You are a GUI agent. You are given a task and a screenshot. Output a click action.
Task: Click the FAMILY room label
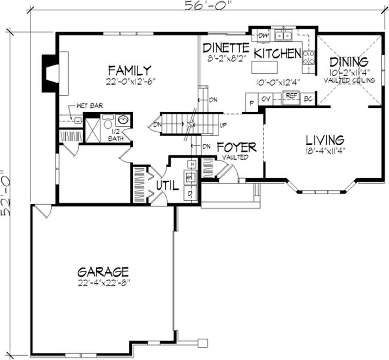pos(129,70)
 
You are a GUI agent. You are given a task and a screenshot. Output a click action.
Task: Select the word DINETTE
pos(226,48)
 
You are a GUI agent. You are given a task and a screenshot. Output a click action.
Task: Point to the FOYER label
pos(236,147)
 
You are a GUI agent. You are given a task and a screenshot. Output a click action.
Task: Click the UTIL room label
pos(167,185)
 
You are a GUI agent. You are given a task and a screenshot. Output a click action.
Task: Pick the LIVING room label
pos(325,140)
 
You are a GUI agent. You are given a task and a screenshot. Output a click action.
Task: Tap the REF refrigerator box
pos(291,96)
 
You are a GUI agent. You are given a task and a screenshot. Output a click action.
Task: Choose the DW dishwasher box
pos(263,35)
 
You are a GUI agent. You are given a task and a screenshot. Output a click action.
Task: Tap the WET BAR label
pos(89,105)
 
